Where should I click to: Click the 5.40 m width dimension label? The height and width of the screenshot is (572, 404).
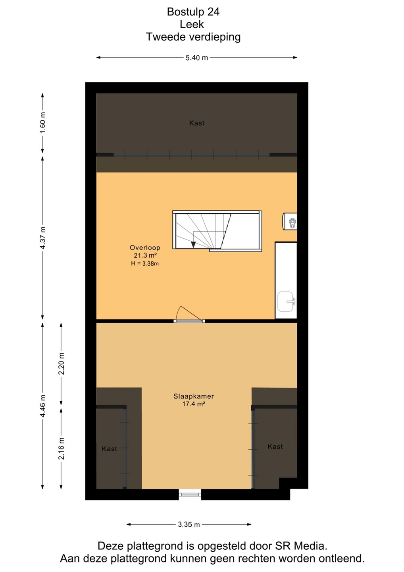point(197,58)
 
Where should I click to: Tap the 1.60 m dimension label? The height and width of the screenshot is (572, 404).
point(42,123)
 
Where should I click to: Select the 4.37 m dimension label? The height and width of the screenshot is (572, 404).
point(42,238)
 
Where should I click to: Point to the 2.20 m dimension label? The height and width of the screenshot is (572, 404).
point(61,363)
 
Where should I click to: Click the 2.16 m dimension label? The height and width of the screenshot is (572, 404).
point(61,448)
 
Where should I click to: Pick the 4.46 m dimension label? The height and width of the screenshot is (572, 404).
point(42,406)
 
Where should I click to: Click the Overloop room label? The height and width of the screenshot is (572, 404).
point(145,247)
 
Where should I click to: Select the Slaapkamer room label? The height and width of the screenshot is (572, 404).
point(194,396)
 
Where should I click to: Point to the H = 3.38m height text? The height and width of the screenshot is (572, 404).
point(145,264)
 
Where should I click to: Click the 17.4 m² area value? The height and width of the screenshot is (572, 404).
point(194,404)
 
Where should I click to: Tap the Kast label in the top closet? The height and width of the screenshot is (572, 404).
point(197,123)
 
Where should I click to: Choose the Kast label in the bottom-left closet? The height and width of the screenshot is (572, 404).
point(110,449)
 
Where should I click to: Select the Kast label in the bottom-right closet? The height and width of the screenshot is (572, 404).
point(275,446)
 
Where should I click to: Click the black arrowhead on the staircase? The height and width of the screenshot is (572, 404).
point(193,244)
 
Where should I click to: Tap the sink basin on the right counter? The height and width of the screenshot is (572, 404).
point(286,302)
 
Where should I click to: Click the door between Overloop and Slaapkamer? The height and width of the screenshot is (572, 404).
point(189,315)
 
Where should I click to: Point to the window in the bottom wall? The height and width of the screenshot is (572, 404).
point(190,495)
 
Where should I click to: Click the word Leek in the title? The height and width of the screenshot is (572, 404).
point(192,25)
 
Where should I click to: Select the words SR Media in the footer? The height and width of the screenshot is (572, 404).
point(301,546)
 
